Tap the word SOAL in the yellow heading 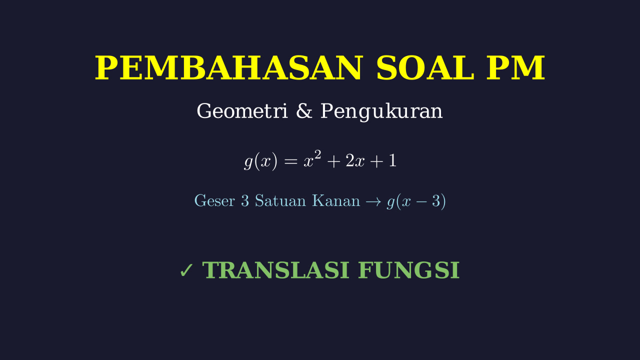tap(425, 68)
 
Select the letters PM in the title tap(515, 68)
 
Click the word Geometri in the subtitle tap(242, 111)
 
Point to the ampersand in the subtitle tap(304, 111)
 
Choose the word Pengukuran tap(381, 112)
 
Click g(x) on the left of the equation tap(260, 161)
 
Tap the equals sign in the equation tap(291, 161)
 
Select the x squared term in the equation tap(312, 159)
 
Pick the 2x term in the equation tap(355, 161)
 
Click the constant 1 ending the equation tap(393, 160)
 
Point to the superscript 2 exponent tap(318, 155)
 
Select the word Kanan tap(336, 200)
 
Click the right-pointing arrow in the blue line tap(373, 201)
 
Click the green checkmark tap(186, 270)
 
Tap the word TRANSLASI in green tap(275, 270)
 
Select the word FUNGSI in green tap(409, 270)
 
